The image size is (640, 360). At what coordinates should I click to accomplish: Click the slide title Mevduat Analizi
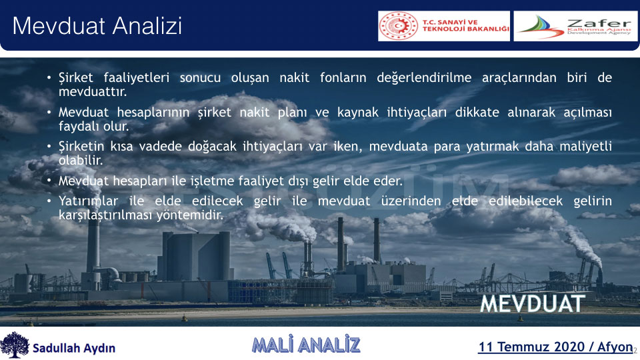click(x=97, y=26)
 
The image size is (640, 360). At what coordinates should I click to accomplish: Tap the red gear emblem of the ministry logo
click(x=399, y=26)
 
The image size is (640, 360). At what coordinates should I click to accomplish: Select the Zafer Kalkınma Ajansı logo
click(x=575, y=26)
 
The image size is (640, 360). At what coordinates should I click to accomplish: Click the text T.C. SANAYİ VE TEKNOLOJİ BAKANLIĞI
click(x=466, y=26)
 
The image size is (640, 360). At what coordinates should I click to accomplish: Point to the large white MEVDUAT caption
click(x=532, y=303)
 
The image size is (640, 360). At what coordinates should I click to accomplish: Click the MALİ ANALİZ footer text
click(x=306, y=345)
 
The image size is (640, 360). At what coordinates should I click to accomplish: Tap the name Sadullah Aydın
click(x=74, y=348)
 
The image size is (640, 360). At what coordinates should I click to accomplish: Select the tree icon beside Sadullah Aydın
click(x=15, y=345)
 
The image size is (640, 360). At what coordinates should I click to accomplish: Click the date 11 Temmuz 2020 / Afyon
click(x=555, y=347)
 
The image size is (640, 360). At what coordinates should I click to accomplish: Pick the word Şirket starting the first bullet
click(x=76, y=77)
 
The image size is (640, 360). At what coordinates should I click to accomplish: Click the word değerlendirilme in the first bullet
click(x=424, y=77)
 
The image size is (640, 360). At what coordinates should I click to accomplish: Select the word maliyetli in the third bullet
click(x=586, y=146)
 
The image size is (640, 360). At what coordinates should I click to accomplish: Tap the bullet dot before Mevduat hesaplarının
click(x=49, y=112)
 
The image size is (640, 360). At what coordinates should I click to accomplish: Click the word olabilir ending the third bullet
click(x=81, y=160)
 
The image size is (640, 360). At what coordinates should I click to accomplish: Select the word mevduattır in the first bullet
click(x=93, y=92)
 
